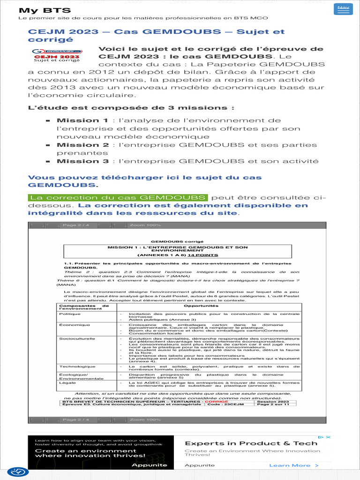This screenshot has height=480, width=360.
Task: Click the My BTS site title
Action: (x=45, y=10)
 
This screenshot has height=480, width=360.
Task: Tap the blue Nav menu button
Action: (x=343, y=9)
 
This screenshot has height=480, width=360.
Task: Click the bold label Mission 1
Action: (x=82, y=120)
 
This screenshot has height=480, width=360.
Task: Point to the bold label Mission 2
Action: (x=82, y=145)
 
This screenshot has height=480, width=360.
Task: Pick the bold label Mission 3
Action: (x=82, y=161)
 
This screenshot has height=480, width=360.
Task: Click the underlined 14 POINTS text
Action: (x=203, y=255)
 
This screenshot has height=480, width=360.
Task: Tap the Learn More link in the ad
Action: (x=293, y=465)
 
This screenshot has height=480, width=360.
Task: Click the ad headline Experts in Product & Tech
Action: (x=251, y=443)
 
